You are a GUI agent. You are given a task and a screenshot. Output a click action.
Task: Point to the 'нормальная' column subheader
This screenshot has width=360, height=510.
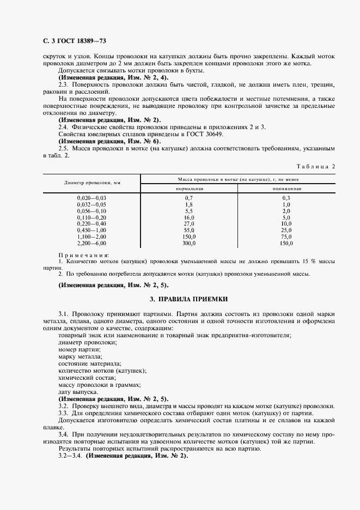click(189, 188)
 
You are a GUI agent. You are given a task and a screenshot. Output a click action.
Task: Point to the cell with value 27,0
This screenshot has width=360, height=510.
click(189, 223)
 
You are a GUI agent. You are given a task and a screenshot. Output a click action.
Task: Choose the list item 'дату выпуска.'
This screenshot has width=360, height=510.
click(78, 392)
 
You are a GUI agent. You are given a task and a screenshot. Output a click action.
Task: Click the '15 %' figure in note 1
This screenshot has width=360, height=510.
click(301, 262)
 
